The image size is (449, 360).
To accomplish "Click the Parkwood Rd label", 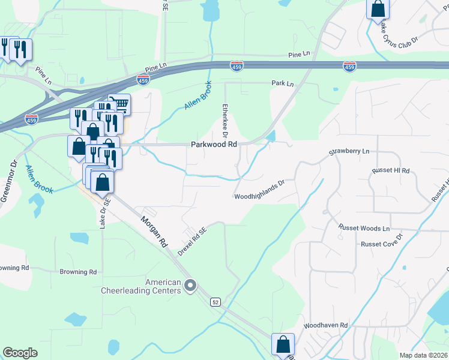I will (214, 145).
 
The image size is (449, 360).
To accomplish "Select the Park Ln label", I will (283, 83).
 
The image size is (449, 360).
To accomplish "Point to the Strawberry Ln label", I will (349, 152).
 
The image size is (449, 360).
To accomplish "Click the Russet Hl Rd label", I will (390, 171).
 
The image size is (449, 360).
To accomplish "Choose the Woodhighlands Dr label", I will (258, 196).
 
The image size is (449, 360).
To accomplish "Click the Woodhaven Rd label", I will (325, 325).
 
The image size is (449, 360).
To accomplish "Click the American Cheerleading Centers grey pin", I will (190, 285).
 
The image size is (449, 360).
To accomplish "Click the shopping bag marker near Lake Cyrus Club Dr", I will (378, 9).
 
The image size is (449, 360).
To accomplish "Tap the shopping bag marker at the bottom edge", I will (283, 345).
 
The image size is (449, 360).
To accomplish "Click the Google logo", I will (20, 353).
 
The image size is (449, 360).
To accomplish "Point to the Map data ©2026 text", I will (423, 355).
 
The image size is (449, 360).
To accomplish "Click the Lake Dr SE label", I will (103, 213).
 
